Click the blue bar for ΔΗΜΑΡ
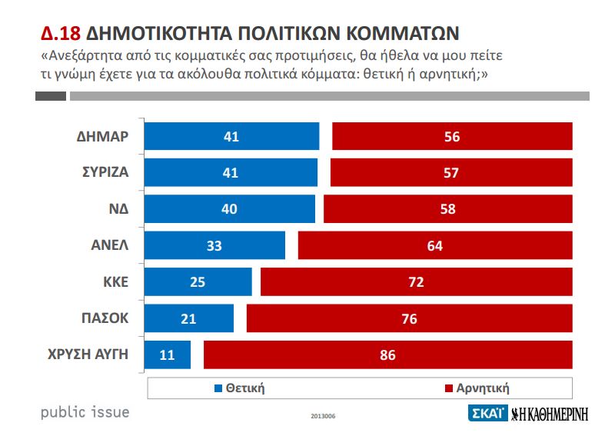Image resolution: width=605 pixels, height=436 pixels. point(231,137)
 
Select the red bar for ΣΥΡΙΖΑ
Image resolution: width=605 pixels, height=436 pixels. point(451,173)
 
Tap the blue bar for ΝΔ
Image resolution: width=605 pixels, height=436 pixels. point(230,209)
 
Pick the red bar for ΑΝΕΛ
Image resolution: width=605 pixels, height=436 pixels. point(435,245)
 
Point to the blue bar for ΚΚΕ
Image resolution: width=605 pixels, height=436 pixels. point(198,281)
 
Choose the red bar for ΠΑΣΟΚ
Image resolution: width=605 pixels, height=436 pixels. point(409,318)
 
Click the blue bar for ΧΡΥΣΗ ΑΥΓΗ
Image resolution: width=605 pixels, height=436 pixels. point(168,354)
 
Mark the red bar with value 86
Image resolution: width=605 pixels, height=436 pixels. point(388,354)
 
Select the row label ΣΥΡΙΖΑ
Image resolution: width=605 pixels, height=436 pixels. point(101,173)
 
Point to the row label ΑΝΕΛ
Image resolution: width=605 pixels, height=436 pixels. point(108,245)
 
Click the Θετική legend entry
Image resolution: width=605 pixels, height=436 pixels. point(239,388)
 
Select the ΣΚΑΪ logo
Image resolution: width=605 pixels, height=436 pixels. point(487,413)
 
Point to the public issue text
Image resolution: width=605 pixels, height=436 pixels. point(85,412)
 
